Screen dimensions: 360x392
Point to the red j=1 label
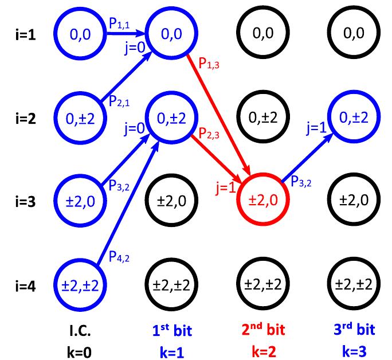click(227, 187)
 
